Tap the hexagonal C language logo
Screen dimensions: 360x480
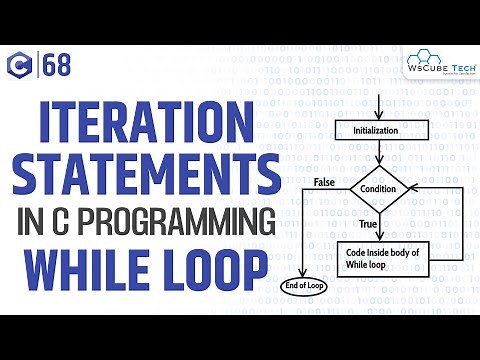(19, 67)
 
